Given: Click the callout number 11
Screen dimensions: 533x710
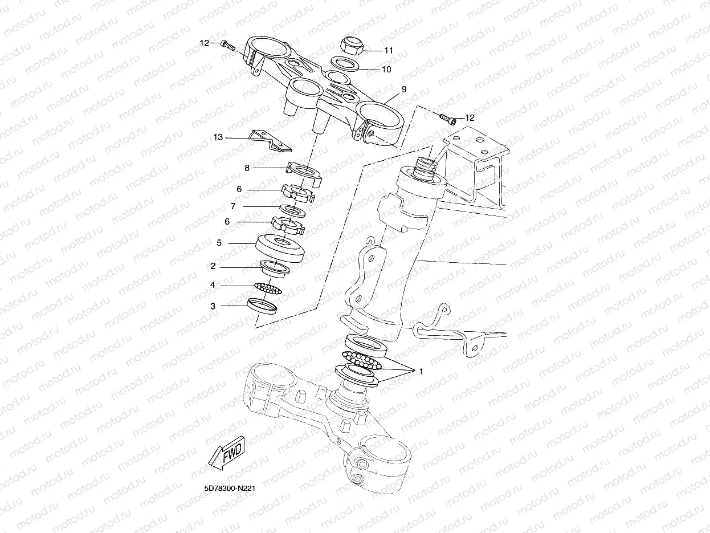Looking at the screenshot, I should [388, 50].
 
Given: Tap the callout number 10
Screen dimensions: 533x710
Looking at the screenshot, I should [386, 70].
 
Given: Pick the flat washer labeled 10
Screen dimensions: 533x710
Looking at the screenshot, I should [345, 63].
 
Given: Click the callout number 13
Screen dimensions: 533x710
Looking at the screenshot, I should [218, 137].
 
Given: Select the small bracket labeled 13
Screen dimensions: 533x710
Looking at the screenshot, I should [271, 141].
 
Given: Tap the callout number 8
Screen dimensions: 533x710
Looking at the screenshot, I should [247, 168].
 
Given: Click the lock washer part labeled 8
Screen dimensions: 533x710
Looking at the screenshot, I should [304, 172].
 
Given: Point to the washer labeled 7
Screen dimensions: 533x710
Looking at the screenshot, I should [294, 211].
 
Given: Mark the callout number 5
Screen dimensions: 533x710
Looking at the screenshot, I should [219, 243].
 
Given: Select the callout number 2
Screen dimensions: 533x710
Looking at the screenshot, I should [213, 266].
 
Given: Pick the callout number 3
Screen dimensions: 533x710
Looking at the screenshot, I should [213, 306].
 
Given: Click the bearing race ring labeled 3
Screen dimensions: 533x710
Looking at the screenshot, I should [262, 307].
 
